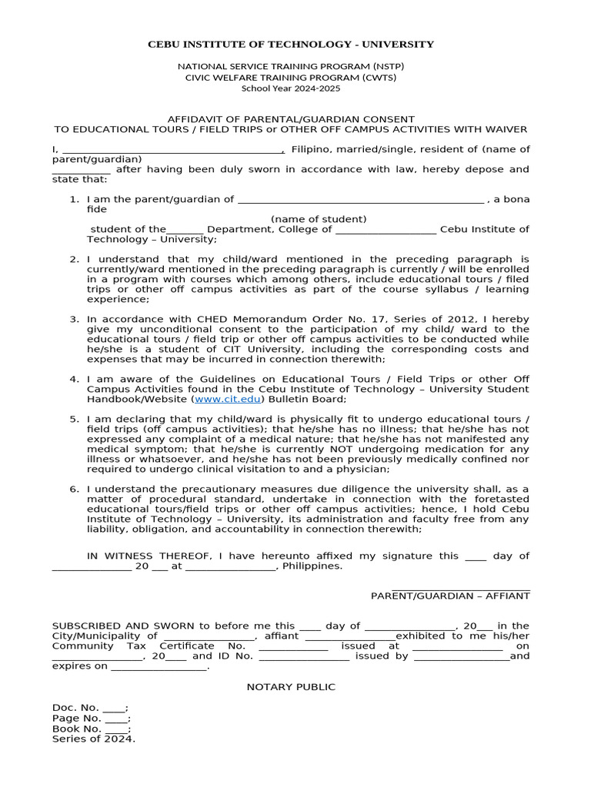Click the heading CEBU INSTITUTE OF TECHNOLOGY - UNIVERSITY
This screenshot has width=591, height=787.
(291, 45)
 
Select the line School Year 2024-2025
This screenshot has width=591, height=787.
(291, 88)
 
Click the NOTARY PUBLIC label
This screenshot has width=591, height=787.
(291, 686)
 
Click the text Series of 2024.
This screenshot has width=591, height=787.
(93, 739)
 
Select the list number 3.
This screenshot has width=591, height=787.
(75, 319)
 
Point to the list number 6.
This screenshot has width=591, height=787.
(75, 489)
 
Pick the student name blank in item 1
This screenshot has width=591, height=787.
(361, 200)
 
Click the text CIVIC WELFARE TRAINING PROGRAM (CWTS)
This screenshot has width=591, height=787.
(291, 77)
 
